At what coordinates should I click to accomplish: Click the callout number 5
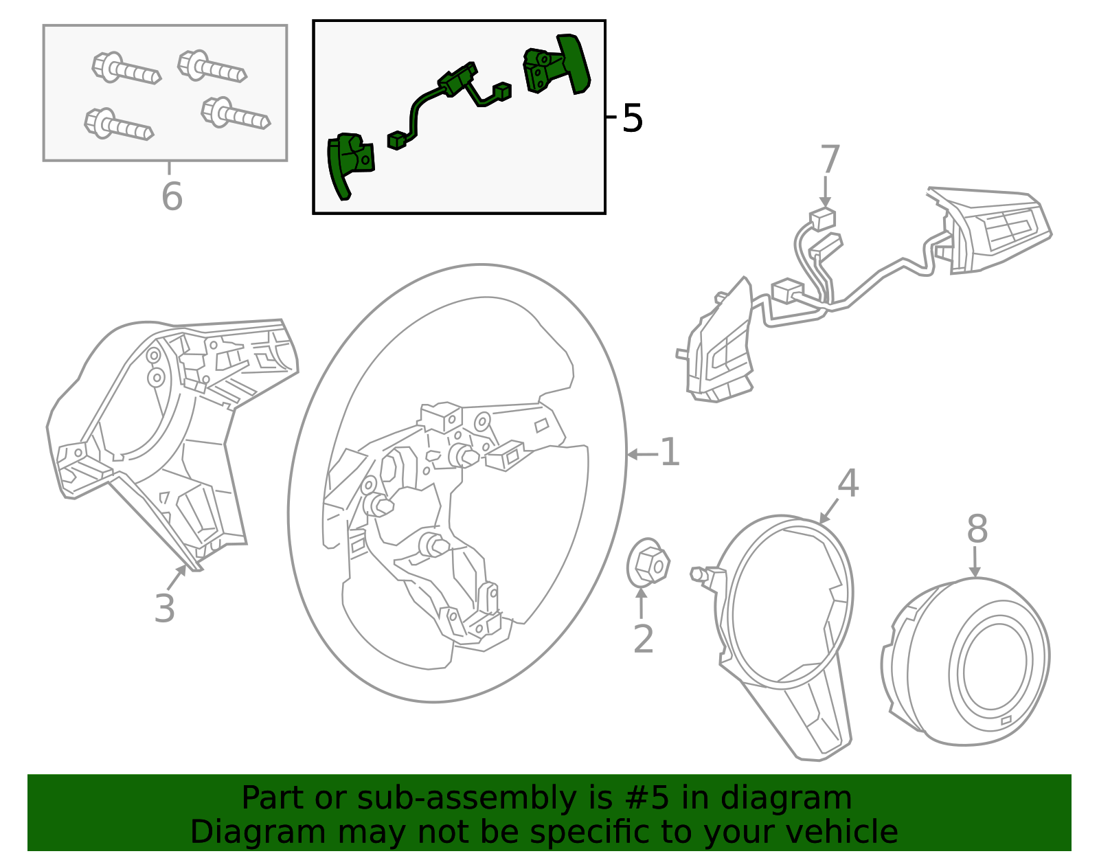pyautogui.click(x=632, y=118)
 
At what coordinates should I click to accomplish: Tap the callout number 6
pyautogui.click(x=172, y=196)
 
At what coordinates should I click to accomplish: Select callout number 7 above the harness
pyautogui.click(x=830, y=160)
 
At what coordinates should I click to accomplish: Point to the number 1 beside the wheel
pyautogui.click(x=669, y=453)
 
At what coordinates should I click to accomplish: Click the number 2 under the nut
pyautogui.click(x=643, y=639)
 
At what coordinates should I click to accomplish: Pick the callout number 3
pyautogui.click(x=164, y=609)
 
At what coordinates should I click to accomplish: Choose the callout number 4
pyautogui.click(x=848, y=484)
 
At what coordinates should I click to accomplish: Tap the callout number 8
pyautogui.click(x=977, y=530)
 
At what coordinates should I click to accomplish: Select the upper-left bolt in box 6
pyautogui.click(x=126, y=69)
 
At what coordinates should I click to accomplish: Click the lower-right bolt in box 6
pyautogui.click(x=235, y=113)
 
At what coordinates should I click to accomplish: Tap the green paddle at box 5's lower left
pyautogui.click(x=349, y=162)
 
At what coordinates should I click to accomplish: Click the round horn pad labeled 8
pyautogui.click(x=968, y=663)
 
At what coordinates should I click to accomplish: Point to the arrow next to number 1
pyautogui.click(x=641, y=454)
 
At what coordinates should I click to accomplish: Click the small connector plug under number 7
pyautogui.click(x=823, y=219)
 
